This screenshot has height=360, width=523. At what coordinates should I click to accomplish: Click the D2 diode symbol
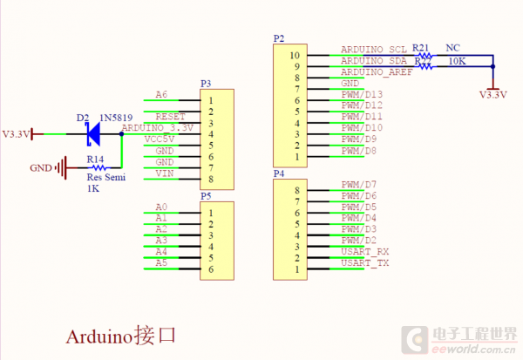[x=92, y=133]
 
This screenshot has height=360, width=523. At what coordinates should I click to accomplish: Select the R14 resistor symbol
[x=96, y=168]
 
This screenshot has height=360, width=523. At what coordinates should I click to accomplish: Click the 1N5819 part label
[x=115, y=118]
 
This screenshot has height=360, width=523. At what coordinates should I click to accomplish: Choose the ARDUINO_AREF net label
[x=376, y=72]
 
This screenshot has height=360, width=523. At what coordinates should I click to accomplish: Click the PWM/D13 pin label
[x=362, y=94]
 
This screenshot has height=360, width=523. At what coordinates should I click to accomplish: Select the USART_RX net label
[x=364, y=251]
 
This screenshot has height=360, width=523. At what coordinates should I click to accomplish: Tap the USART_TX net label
[x=364, y=262]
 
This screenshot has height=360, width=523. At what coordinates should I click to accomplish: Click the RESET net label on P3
[x=170, y=116]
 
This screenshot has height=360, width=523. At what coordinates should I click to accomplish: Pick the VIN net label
[x=164, y=173]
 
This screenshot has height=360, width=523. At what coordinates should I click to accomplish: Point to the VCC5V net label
[x=160, y=139]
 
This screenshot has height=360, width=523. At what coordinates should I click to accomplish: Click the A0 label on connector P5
[x=160, y=207]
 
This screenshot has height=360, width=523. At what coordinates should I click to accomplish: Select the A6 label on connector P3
[x=160, y=94]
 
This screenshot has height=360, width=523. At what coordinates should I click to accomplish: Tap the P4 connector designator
[x=279, y=174]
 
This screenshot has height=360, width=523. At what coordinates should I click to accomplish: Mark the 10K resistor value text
[x=456, y=62]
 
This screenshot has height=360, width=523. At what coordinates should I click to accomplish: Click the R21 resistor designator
[x=421, y=48]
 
